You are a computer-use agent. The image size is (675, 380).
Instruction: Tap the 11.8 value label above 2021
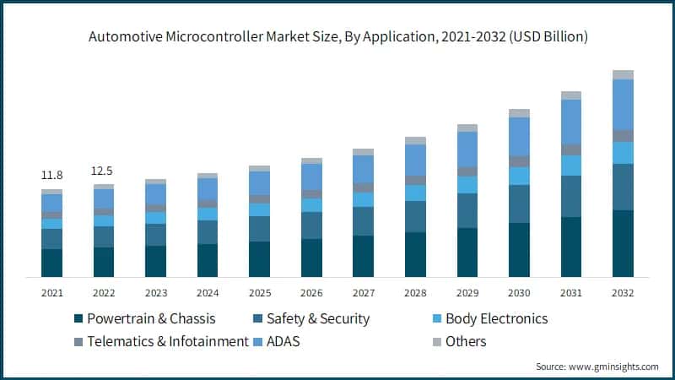51,176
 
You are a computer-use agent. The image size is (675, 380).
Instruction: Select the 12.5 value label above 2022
103,171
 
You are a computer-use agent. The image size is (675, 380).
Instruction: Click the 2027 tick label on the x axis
363,292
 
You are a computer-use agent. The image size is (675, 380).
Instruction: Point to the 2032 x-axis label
623,292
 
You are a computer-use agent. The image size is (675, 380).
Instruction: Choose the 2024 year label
208,292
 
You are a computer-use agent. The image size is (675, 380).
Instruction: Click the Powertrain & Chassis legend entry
144,319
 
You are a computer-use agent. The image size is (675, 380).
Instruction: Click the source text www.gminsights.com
597,366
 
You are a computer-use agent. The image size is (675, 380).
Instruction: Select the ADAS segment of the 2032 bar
623,104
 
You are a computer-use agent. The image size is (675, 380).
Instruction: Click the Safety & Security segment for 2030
519,204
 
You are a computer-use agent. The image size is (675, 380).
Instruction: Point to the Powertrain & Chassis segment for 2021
51,263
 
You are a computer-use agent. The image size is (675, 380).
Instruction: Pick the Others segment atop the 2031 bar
571,95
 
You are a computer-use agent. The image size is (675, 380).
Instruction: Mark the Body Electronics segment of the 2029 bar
467,184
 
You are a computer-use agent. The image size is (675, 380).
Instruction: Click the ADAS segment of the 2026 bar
311,176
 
